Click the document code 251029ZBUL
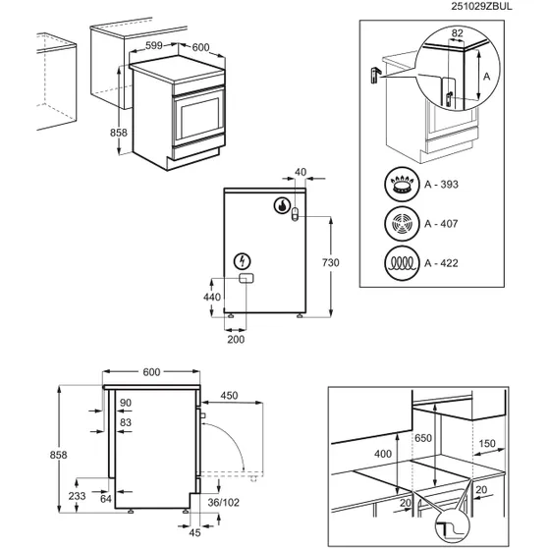point(481,6)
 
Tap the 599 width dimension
point(154,45)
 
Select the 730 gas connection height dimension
point(331,262)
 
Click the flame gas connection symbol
point(282,205)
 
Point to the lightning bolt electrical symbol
point(243,261)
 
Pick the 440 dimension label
point(212,297)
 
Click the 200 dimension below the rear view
point(236,339)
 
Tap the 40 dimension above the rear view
point(301,172)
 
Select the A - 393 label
point(441,185)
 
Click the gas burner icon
point(402,185)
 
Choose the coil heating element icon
point(402,263)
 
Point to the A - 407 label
point(441,223)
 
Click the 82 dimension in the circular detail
point(458,33)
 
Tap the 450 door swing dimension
point(230,395)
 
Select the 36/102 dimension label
point(224,503)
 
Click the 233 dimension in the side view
point(77,496)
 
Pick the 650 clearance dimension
point(423,438)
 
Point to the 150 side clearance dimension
point(487,443)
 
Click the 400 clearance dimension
point(383,454)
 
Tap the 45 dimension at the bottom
point(194,532)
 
